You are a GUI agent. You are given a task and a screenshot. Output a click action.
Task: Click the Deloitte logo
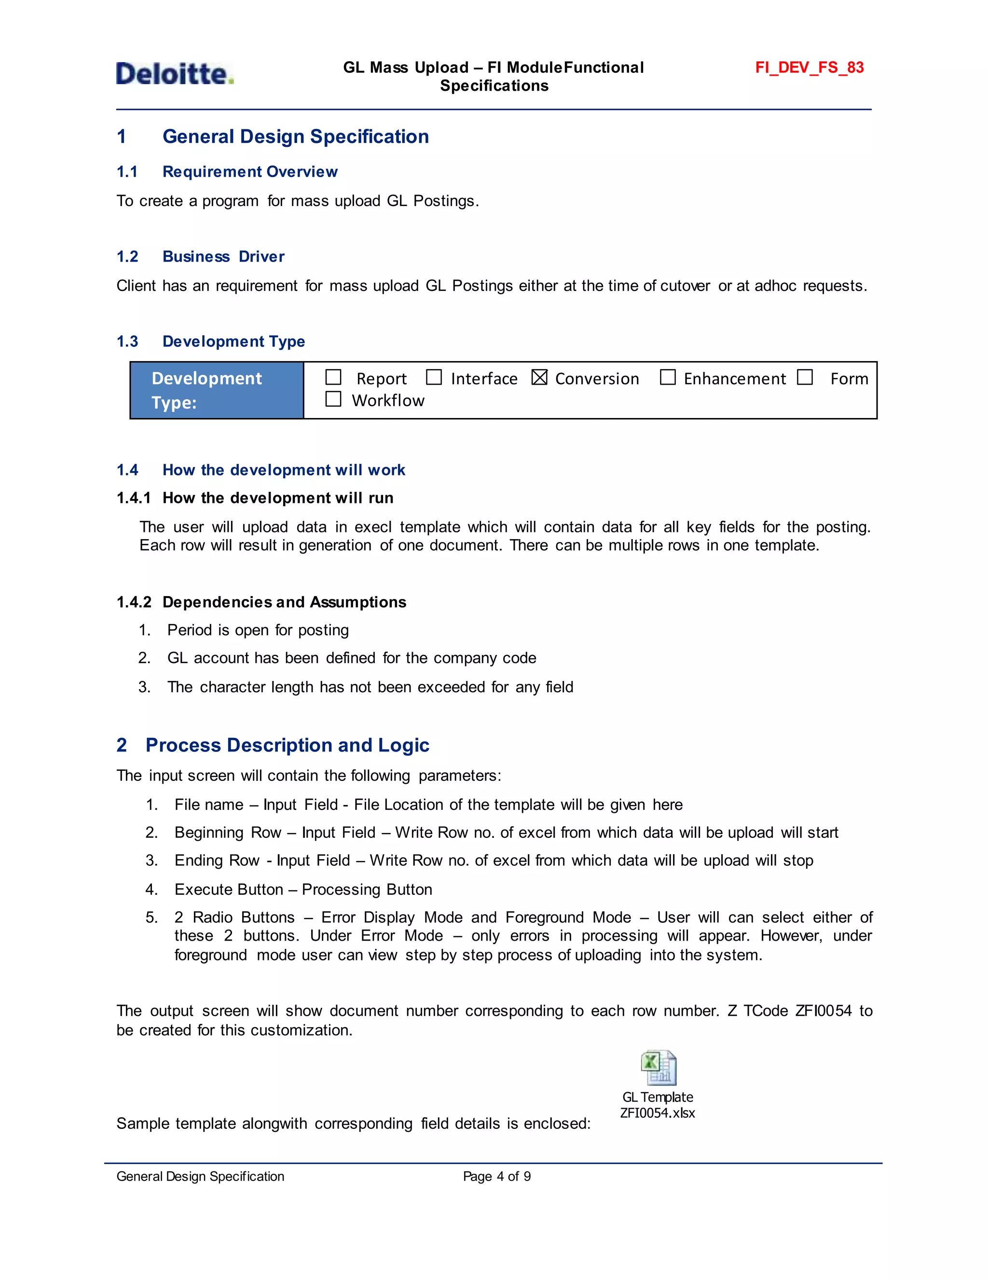pos(175,74)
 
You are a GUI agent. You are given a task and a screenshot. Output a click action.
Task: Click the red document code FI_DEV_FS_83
pos(809,68)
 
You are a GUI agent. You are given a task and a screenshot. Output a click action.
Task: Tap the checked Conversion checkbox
pos(539,378)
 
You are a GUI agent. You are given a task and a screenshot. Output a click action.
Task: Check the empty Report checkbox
pos(333,377)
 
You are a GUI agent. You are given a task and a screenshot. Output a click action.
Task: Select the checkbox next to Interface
pos(434,377)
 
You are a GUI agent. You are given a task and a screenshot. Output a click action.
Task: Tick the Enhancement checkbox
pos(667,377)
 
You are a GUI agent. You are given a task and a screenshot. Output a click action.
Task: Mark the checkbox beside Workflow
pos(333,400)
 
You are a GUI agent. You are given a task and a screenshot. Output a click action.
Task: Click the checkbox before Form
pos(805,377)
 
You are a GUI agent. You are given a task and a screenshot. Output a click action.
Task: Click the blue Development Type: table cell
pos(217,390)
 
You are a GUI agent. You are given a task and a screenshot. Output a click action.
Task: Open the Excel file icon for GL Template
pos(659,1068)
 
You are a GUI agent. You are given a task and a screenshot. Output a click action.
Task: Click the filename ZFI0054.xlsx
pos(658,1113)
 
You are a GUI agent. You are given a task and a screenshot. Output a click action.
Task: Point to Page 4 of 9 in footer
pos(496,1177)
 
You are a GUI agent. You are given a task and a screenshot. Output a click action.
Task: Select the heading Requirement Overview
pos(250,172)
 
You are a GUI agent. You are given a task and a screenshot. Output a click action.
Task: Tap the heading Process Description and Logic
pos(287,746)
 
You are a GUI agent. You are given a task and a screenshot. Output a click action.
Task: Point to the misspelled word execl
pos(373,528)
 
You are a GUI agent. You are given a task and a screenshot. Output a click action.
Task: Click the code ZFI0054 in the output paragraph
pos(823,1011)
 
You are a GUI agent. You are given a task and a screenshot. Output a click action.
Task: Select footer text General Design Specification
pos(200,1177)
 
